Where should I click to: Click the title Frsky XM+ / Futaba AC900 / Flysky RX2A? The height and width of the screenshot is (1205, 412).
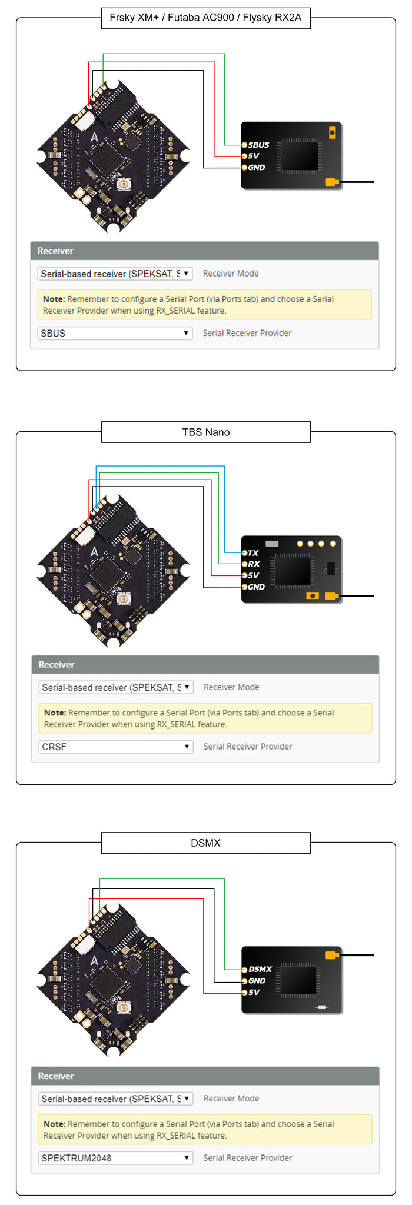(x=205, y=18)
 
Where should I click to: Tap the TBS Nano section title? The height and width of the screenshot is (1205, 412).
(x=205, y=432)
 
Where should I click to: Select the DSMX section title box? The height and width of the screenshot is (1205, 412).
(x=205, y=843)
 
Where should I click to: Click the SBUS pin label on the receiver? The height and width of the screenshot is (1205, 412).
(x=258, y=145)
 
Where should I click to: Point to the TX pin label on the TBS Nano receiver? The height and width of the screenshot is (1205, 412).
(x=253, y=553)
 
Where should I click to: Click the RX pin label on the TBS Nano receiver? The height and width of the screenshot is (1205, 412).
(x=254, y=564)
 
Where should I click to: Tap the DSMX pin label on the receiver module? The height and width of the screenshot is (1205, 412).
(x=260, y=969)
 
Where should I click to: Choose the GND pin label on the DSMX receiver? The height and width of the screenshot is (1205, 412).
(x=257, y=981)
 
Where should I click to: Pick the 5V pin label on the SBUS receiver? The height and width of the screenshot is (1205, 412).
(x=254, y=156)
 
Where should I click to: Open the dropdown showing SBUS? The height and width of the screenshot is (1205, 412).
(x=115, y=333)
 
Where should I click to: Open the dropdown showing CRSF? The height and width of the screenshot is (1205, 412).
(x=115, y=747)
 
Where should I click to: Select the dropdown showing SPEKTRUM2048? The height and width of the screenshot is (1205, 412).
(x=115, y=1158)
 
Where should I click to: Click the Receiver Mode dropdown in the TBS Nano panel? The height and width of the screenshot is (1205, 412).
(x=115, y=687)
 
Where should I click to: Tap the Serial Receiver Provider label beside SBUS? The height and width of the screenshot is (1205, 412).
(x=247, y=333)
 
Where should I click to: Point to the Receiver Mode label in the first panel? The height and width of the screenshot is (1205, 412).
(x=231, y=274)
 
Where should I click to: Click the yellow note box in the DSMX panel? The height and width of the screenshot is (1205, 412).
(x=205, y=1130)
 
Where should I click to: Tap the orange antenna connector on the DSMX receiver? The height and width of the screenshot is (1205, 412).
(x=332, y=954)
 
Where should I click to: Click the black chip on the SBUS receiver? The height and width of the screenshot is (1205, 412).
(x=299, y=156)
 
